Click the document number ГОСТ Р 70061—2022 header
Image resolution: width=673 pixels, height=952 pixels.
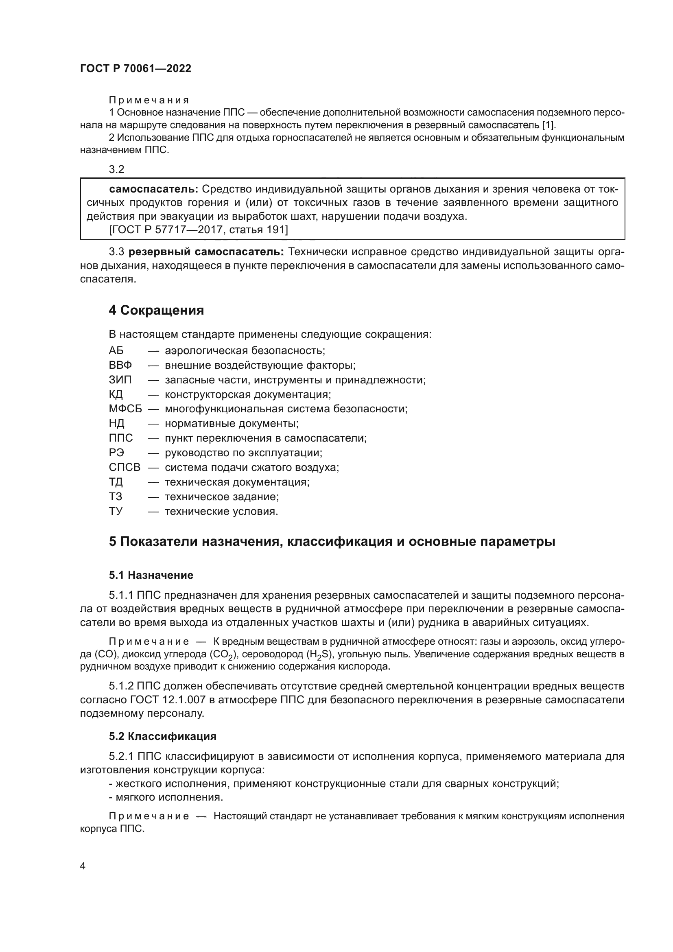pos(135,69)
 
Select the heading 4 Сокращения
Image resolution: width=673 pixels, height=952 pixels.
pos(156,310)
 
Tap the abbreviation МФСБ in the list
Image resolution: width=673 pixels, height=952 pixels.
pos(125,409)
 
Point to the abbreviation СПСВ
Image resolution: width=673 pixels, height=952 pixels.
pos(125,467)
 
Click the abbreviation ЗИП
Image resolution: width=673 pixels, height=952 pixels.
pos(120,380)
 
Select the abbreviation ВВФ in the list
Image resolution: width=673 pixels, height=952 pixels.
pos(120,365)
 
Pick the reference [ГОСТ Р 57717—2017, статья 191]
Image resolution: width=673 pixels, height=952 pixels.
pos(198,229)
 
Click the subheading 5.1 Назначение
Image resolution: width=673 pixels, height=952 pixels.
pos(151,575)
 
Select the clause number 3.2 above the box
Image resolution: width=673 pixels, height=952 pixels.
pos(116,169)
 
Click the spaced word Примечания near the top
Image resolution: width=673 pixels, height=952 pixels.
pos(149,101)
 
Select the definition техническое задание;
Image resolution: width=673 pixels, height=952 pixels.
pos(222,497)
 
